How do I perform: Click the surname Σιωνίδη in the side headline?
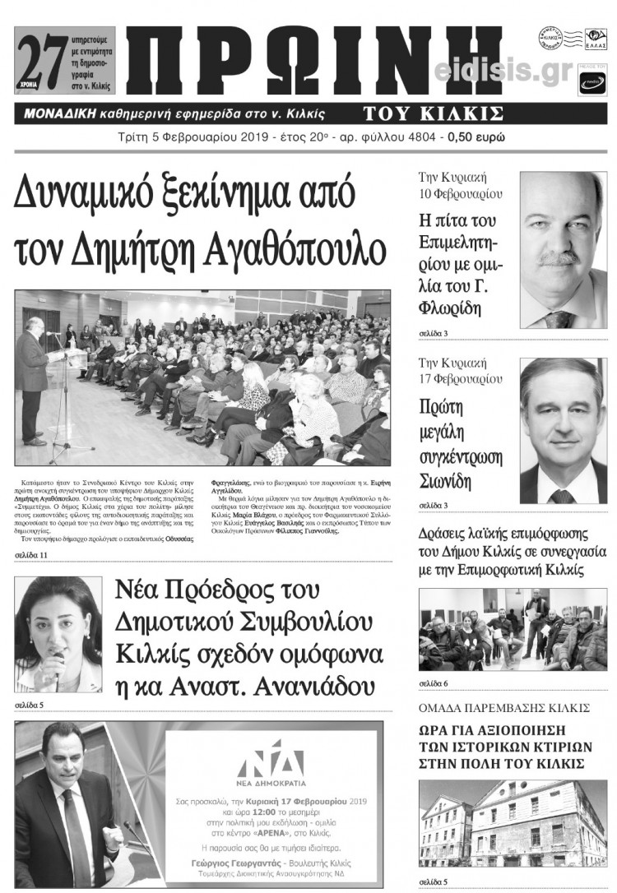[450, 481]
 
